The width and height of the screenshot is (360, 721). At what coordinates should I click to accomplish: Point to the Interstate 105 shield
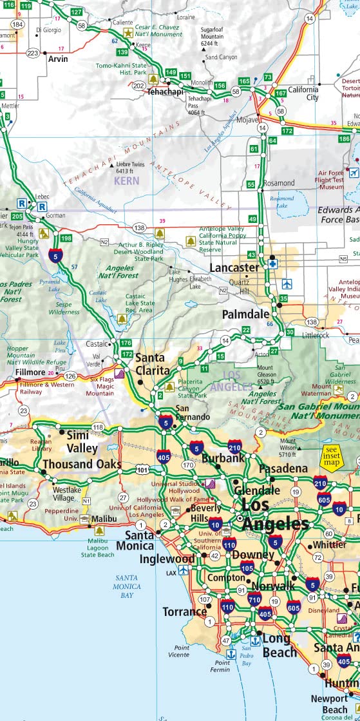(x=247, y=567)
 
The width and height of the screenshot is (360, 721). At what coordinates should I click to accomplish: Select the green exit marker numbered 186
(x=345, y=138)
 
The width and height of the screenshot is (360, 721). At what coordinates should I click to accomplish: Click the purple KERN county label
(x=126, y=181)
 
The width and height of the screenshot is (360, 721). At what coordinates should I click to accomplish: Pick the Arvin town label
(x=59, y=58)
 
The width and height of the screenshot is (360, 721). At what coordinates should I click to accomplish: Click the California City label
(x=303, y=93)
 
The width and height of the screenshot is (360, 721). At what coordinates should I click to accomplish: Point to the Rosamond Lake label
(x=282, y=202)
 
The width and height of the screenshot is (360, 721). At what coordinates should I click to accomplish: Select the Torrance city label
(x=184, y=611)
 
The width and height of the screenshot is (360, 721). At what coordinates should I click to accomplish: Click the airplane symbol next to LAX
(x=184, y=571)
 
